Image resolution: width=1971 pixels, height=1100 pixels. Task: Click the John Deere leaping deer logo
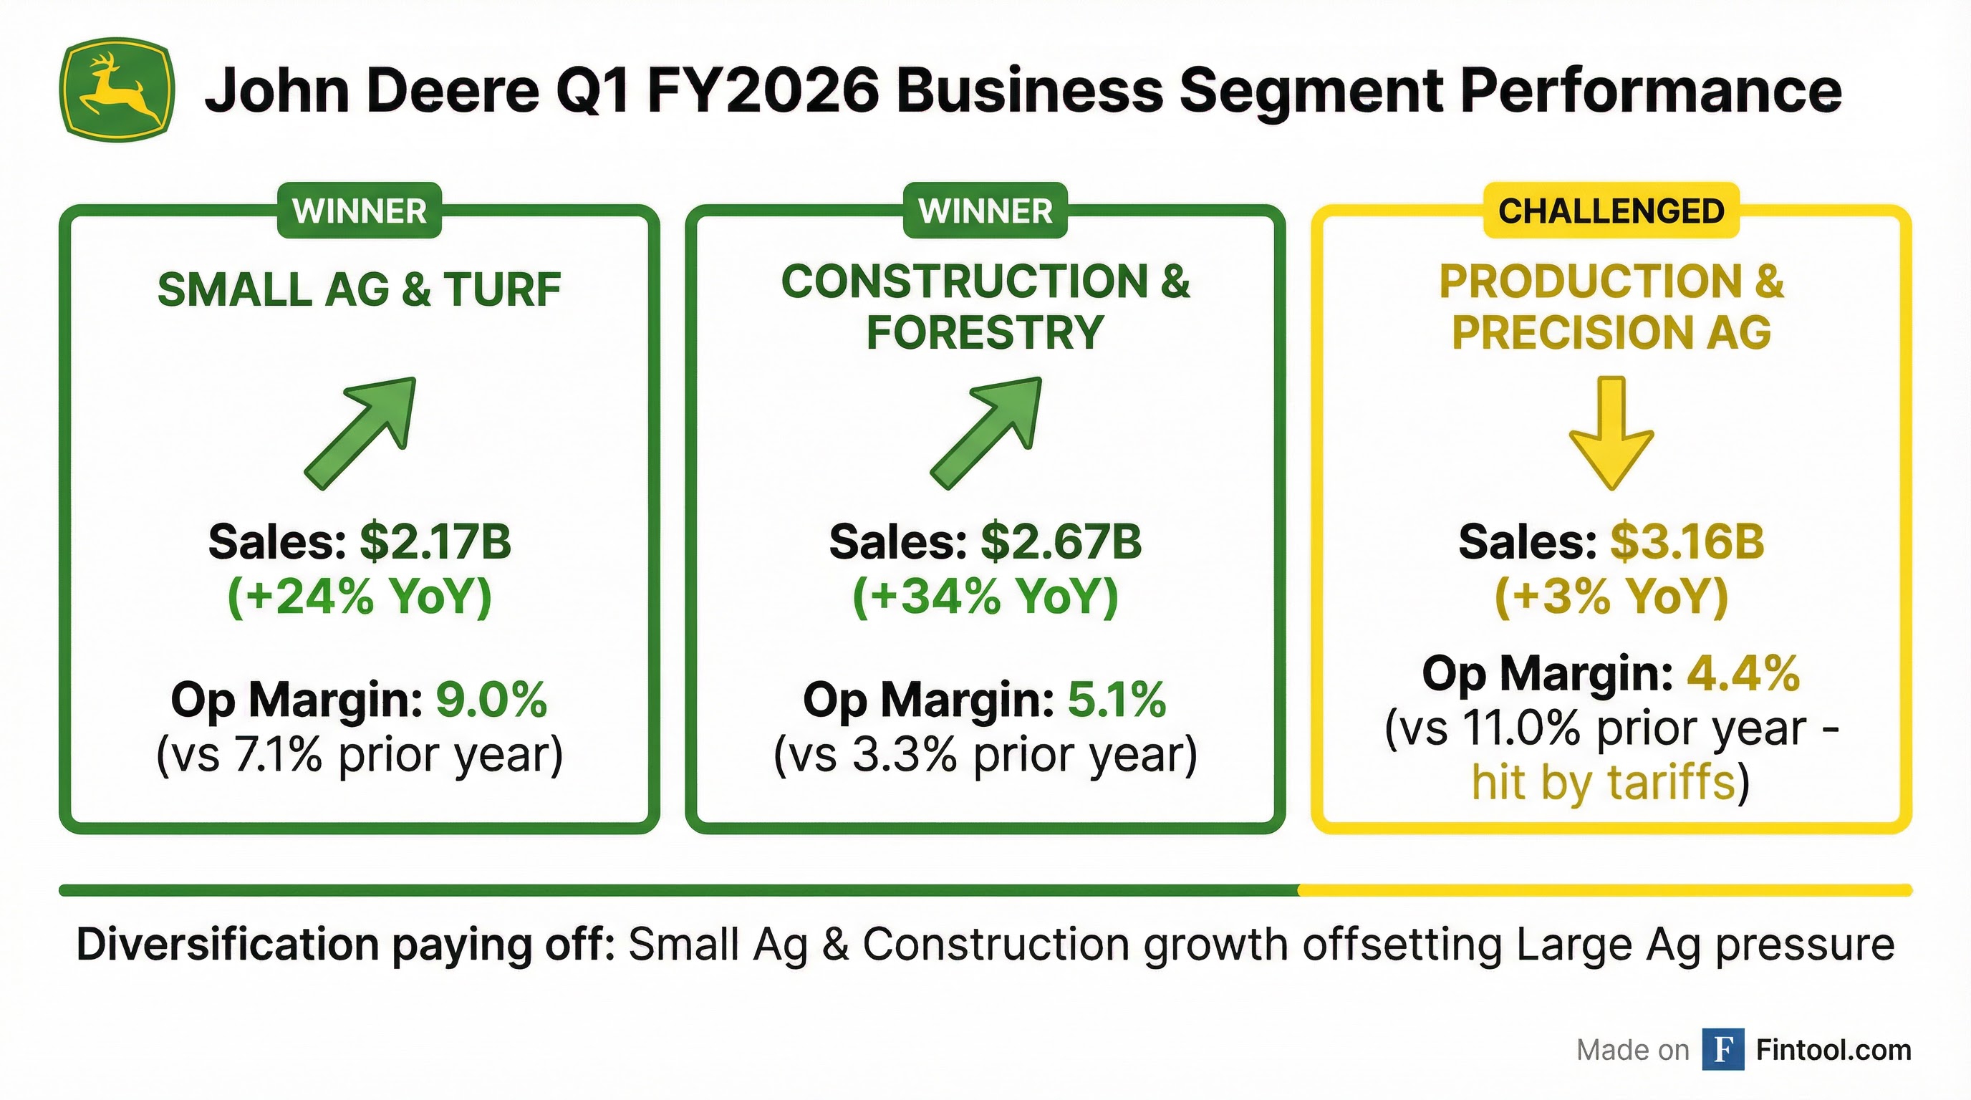pyautogui.click(x=116, y=90)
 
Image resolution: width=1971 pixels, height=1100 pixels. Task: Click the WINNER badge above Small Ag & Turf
pyautogui.click(x=359, y=211)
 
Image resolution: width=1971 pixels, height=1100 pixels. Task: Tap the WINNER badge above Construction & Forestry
pyautogui.click(x=985, y=211)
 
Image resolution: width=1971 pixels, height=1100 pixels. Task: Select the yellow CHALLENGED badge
pyautogui.click(x=1611, y=211)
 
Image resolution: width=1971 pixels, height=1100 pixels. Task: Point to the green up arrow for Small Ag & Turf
pyautogui.click(x=360, y=433)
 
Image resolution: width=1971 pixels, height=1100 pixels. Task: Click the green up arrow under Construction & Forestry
pyautogui.click(x=986, y=433)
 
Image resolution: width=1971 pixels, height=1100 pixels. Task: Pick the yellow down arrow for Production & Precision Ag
pyautogui.click(x=1611, y=433)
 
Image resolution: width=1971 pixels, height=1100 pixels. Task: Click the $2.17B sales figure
pyautogui.click(x=435, y=541)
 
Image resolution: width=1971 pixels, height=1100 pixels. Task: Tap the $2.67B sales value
pyautogui.click(x=1061, y=541)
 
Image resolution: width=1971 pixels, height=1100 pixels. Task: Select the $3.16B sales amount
pyautogui.click(x=1687, y=541)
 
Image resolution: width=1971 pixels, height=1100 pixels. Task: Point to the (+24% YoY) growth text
pyautogui.click(x=359, y=597)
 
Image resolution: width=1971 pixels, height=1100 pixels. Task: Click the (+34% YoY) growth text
pyautogui.click(x=985, y=597)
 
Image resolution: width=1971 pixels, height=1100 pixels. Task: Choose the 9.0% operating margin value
pyautogui.click(x=491, y=699)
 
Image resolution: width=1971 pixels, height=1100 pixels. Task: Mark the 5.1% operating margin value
pyautogui.click(x=1117, y=699)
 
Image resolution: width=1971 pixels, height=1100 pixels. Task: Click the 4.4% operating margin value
pyautogui.click(x=1743, y=674)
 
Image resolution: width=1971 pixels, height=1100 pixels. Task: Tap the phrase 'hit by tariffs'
pyautogui.click(x=1603, y=783)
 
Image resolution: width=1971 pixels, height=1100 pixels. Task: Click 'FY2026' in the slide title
pyautogui.click(x=763, y=90)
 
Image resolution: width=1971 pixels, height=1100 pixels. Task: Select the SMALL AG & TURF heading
pyautogui.click(x=359, y=290)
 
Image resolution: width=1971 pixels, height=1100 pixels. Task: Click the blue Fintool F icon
pyautogui.click(x=1723, y=1050)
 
